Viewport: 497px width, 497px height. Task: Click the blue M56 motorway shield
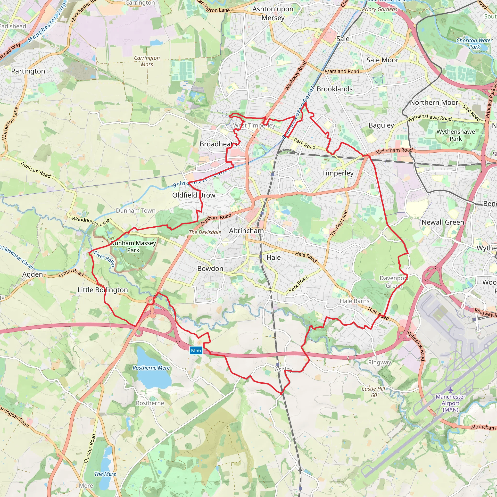[196, 350]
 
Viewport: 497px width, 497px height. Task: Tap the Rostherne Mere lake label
[151, 368]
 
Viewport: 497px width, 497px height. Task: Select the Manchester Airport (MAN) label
[450, 403]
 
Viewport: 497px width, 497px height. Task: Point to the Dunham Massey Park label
[133, 247]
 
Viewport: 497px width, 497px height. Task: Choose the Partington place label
[28, 71]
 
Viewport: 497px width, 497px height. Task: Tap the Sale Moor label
[382, 60]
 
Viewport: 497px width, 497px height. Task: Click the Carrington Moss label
[147, 61]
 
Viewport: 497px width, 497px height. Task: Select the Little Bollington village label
[103, 290]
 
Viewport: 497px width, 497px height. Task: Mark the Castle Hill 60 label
[373, 392]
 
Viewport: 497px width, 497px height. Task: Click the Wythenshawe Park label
[456, 135]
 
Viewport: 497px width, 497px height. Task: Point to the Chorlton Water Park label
[474, 43]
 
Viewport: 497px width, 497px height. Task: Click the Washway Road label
[296, 75]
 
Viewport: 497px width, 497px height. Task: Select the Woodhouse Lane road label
[91, 221]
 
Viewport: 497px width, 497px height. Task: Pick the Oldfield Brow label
[194, 195]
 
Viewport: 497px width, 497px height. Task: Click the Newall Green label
[443, 222]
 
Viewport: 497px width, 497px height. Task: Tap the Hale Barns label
[354, 301]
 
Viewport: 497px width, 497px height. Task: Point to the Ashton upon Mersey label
[273, 13]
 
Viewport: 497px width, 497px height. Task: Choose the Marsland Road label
[342, 71]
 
